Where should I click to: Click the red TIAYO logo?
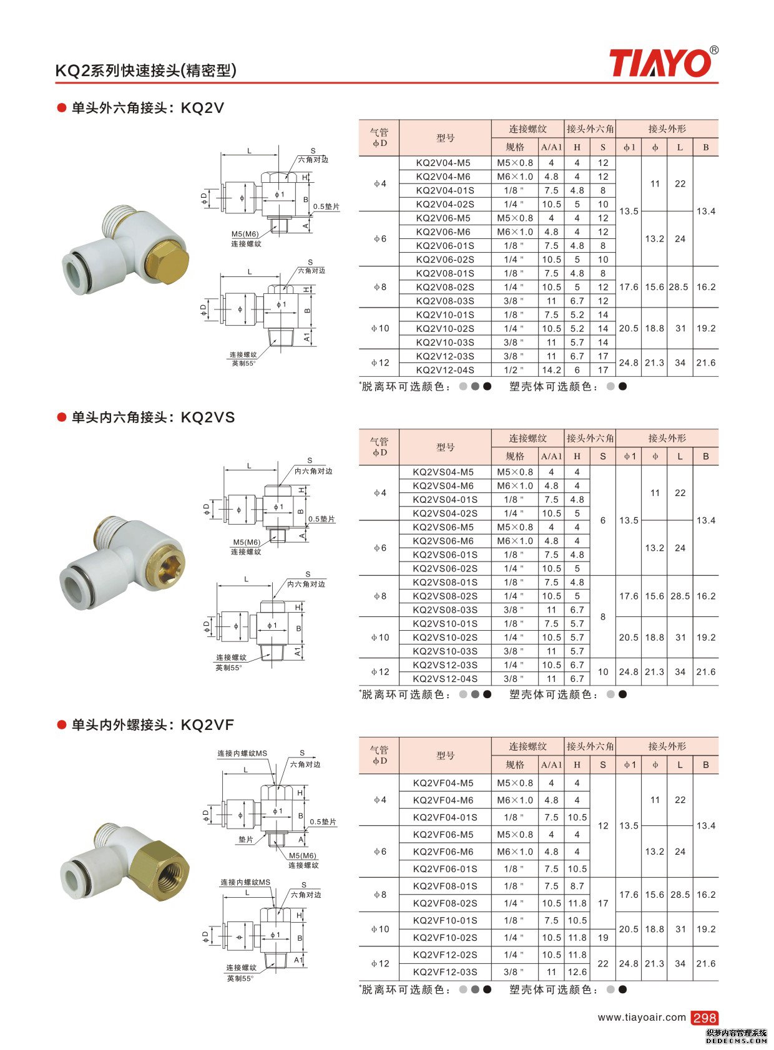click(662, 63)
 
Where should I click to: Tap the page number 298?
click(705, 1018)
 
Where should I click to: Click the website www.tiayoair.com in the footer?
click(641, 1018)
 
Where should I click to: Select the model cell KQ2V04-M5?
click(443, 163)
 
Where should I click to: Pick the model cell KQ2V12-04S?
click(444, 371)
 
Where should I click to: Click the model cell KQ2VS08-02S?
click(444, 596)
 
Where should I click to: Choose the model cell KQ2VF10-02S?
click(444, 938)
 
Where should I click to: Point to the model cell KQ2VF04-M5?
click(443, 783)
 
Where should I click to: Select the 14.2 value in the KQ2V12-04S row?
click(551, 371)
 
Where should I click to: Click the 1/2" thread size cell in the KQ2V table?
click(514, 371)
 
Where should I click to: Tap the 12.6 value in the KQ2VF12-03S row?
click(577, 972)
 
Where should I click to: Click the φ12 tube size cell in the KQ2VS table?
click(380, 672)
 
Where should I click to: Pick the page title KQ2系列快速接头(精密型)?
click(146, 70)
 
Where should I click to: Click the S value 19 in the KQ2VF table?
click(603, 938)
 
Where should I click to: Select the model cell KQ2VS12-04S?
click(444, 679)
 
